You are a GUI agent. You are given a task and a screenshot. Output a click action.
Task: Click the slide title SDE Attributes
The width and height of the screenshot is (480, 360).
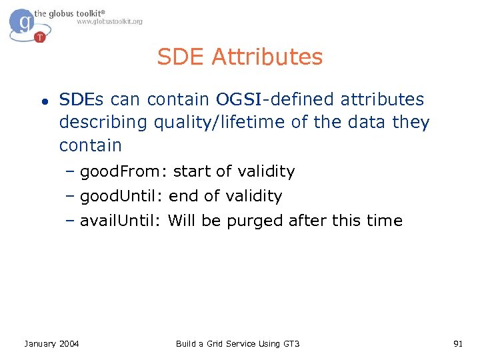240,57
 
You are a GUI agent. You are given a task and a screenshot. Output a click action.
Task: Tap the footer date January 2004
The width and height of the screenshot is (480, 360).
51,343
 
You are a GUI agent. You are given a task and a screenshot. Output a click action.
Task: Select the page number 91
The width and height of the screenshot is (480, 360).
457,343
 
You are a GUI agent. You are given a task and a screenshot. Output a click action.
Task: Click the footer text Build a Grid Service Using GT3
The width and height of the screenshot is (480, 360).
237,343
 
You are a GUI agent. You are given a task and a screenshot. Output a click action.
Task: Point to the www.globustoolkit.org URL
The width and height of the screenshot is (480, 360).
109,22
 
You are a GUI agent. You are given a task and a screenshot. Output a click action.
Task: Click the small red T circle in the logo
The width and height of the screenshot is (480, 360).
40,37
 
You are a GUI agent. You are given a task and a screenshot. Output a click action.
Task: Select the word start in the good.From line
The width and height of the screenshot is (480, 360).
192,172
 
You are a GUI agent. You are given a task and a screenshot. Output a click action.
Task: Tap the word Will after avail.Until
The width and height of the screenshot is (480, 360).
182,221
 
